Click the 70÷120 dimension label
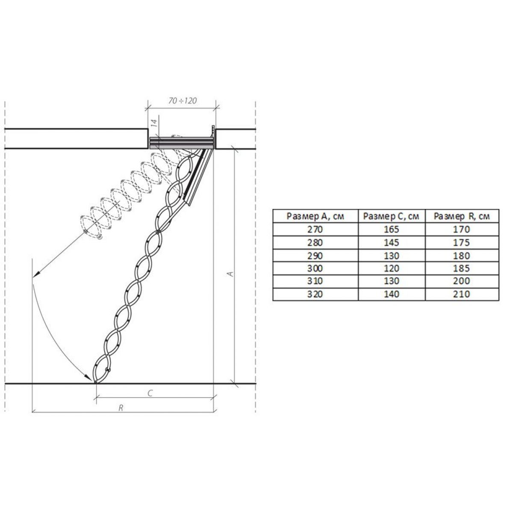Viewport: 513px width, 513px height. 183,100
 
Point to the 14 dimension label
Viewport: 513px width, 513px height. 154,123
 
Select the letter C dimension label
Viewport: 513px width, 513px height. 150,393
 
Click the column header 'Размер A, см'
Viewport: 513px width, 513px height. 315,216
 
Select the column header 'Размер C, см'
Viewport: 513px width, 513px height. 391,216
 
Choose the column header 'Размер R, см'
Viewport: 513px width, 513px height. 462,216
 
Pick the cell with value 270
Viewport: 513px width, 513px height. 315,229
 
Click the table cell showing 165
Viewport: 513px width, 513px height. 392,229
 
